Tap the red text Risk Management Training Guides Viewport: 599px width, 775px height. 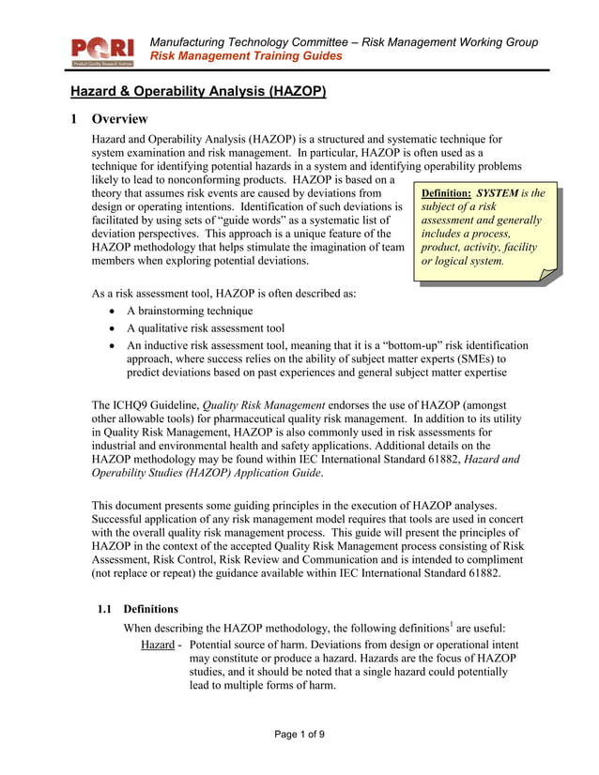(246, 56)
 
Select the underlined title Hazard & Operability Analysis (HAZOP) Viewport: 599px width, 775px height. (198, 92)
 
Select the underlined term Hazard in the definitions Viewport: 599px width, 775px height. (159, 646)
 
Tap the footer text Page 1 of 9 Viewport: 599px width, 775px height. (299, 735)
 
